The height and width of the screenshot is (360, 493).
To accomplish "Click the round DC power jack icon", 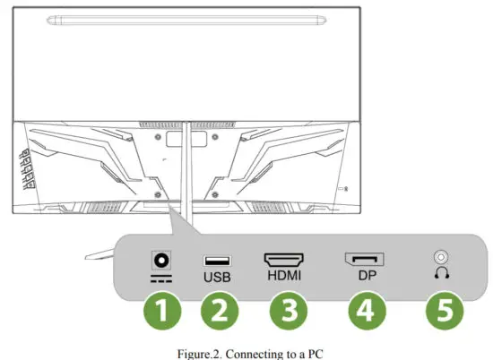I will click(163, 260).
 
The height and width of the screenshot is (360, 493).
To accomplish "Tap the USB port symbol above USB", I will click(217, 260).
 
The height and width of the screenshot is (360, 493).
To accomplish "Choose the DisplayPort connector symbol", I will click(364, 261).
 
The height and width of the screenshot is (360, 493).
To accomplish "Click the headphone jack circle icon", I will click(439, 258).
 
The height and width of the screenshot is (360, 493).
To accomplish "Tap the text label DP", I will click(364, 277).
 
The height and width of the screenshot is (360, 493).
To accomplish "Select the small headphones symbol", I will click(439, 276).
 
